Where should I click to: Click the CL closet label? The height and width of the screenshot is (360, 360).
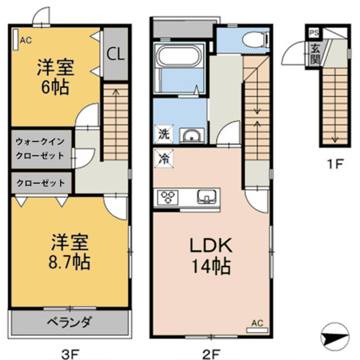coord(115,52)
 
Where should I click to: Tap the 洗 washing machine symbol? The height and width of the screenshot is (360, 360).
coord(163,135)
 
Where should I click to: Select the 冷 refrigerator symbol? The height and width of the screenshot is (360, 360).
coord(163,160)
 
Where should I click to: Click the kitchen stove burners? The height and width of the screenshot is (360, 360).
coord(166,194)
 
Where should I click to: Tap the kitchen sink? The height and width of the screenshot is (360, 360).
coord(207,194)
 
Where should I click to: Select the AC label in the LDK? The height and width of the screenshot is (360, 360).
coord(256,323)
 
